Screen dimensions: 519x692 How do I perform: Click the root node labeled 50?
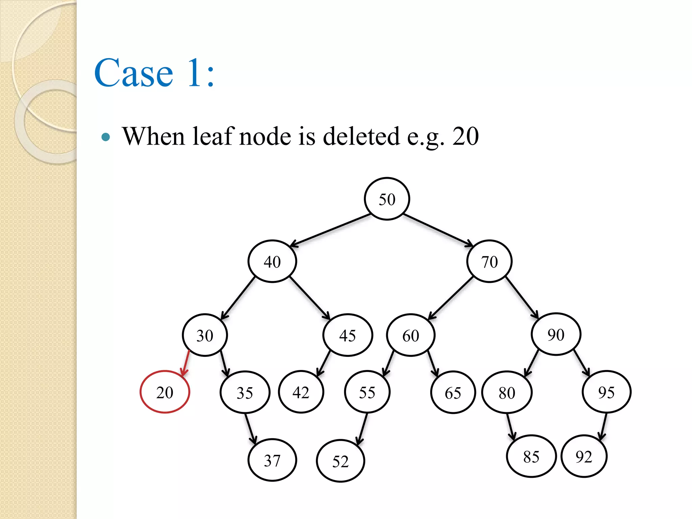tap(387, 199)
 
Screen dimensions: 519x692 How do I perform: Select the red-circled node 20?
tap(165, 392)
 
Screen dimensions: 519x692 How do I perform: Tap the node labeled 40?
tap(272, 261)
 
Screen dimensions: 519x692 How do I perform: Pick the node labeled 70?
tap(489, 261)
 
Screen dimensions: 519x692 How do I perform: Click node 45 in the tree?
tap(348, 335)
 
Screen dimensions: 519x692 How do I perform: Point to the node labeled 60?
tap(411, 335)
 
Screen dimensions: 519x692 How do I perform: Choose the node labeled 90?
tap(556, 334)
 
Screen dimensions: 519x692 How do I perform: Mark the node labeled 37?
tap(272, 460)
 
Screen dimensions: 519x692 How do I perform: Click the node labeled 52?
tap(340, 461)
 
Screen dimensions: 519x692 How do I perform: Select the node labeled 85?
tap(531, 456)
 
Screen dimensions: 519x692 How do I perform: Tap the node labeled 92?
tap(584, 456)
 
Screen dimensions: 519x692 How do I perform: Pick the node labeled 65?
tap(453, 393)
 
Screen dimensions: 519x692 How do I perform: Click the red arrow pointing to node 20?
tap(186, 364)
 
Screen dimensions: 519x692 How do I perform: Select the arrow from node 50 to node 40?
tap(330, 230)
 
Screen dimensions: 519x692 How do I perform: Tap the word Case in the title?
tap(134, 73)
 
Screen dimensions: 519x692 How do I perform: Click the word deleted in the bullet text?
tap(361, 137)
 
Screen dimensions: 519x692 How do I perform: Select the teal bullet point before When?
tap(106, 137)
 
